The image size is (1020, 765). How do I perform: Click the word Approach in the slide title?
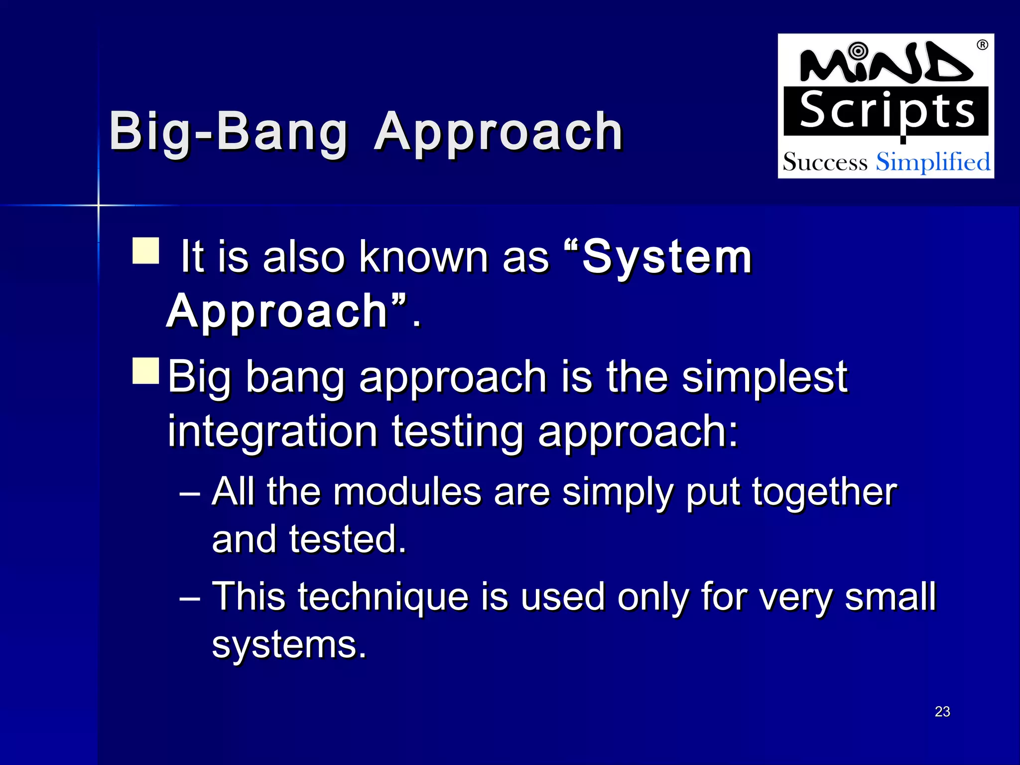pyautogui.click(x=499, y=132)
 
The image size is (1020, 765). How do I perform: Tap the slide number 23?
pyautogui.click(x=942, y=712)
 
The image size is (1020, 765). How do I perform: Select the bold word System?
pyautogui.click(x=667, y=257)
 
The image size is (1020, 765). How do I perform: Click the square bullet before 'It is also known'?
pyautogui.click(x=146, y=251)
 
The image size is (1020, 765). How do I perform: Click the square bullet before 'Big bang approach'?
pyautogui.click(x=146, y=371)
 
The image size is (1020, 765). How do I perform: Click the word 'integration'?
pyautogui.click(x=272, y=431)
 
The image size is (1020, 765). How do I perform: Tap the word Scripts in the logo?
pyautogui.click(x=887, y=112)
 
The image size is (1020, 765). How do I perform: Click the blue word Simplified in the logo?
pyautogui.click(x=933, y=162)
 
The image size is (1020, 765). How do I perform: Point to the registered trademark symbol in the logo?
pyautogui.click(x=982, y=45)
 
